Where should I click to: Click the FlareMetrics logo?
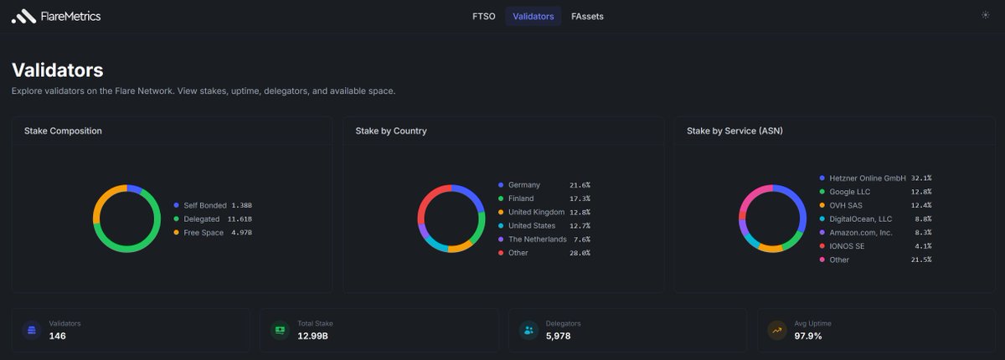(56, 17)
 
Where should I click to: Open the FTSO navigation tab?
(484, 17)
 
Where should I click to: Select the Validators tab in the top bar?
(533, 17)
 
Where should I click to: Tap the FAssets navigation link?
(587, 17)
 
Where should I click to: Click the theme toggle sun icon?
(985, 15)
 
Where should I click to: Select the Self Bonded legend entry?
(205, 205)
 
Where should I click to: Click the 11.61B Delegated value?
(240, 219)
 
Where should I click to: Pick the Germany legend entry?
(524, 185)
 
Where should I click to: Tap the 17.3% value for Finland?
(580, 198)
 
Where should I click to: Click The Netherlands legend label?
(538, 239)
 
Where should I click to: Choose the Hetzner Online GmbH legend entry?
(868, 178)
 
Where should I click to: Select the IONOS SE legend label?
(847, 246)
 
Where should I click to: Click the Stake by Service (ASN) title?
(734, 131)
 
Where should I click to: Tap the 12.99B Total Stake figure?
(312, 336)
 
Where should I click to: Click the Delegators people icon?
(529, 331)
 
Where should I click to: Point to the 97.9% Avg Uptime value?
(807, 336)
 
